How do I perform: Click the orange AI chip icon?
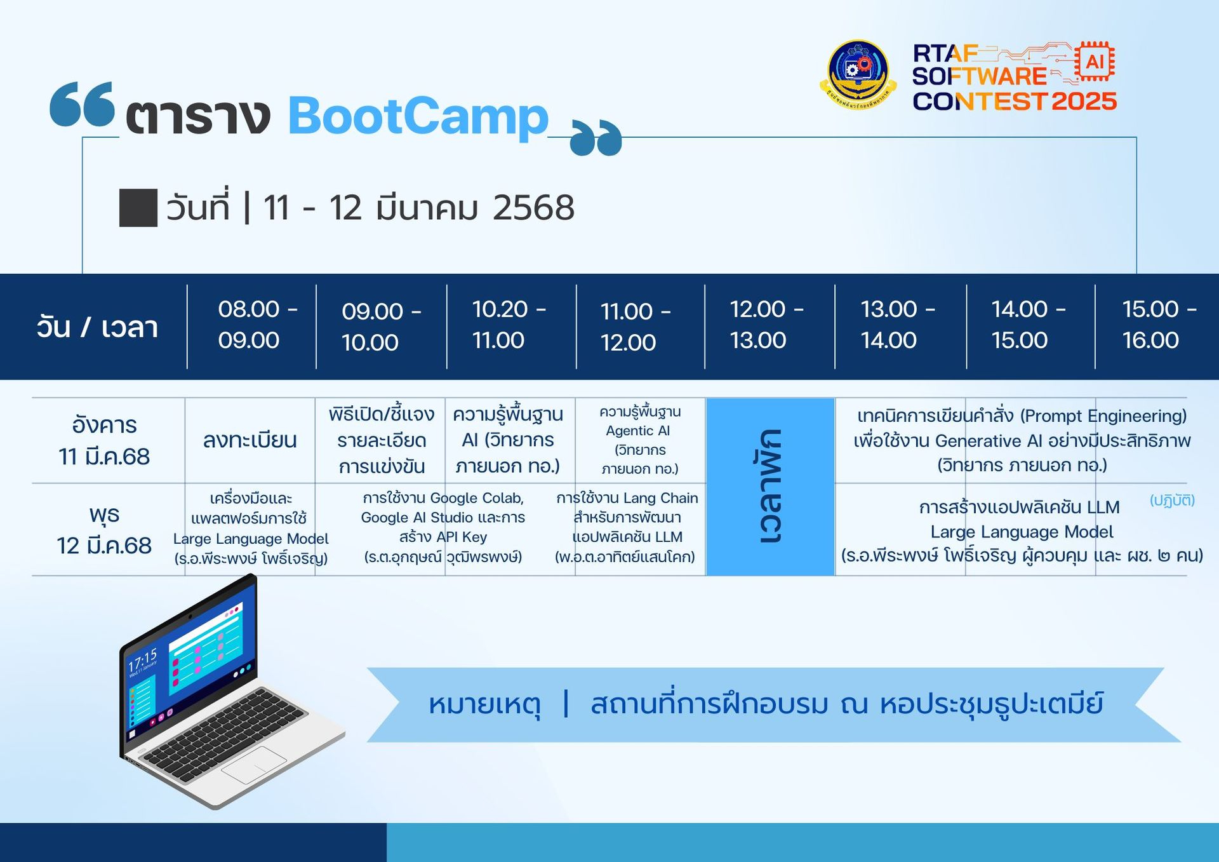1095,62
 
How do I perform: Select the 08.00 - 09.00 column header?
258,325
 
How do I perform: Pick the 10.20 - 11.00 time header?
509,325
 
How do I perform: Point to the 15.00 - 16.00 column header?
1159,325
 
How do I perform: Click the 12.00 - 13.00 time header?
766,325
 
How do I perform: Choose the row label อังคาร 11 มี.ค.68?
104,440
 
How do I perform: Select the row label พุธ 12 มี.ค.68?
104,530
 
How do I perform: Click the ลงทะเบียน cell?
250,440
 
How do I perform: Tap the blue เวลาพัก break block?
770,487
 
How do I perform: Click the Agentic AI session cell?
640,440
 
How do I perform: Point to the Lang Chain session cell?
627,527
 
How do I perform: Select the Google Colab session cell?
443,527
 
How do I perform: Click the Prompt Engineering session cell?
1022,440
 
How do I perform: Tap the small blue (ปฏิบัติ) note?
1172,500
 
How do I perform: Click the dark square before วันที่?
138,208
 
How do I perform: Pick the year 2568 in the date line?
533,208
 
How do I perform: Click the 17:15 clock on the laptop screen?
142,660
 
